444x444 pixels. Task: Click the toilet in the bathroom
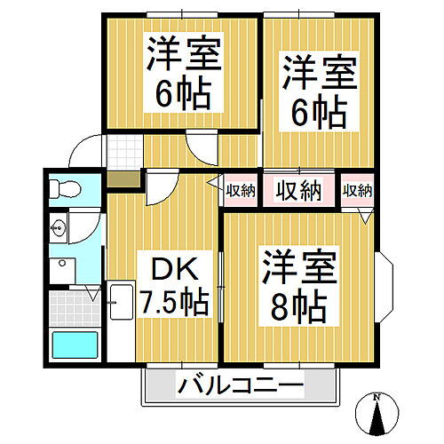point(64,188)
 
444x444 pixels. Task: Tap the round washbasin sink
point(59,228)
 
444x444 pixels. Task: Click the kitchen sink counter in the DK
point(119,321)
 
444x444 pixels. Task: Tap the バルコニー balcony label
point(240,386)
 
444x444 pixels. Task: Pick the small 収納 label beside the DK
point(241,189)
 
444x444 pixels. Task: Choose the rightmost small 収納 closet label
point(358,189)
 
